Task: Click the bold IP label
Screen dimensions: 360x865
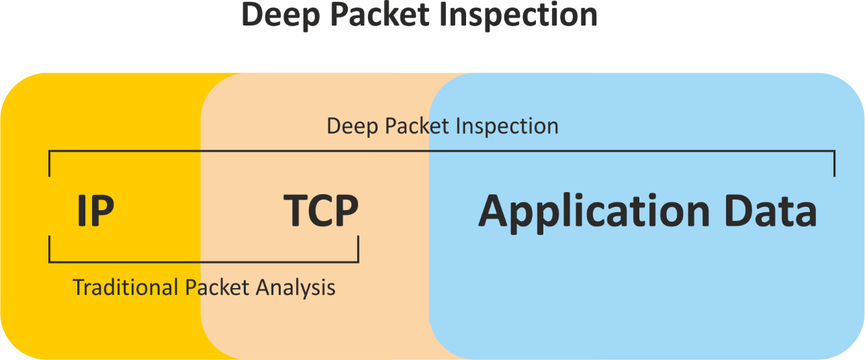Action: point(95,211)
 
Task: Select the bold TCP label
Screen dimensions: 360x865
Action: point(321,211)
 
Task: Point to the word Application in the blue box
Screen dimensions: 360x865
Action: point(594,212)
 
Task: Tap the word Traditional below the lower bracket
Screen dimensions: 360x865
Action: point(126,287)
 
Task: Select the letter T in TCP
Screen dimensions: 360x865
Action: point(295,211)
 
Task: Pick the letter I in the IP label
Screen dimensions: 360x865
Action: point(82,211)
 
